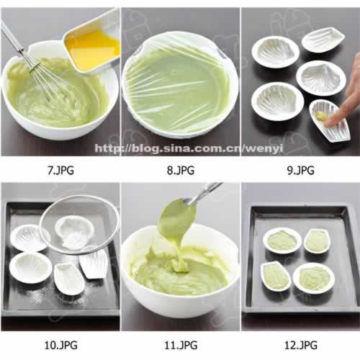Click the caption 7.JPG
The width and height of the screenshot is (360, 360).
pyautogui.click(x=60, y=171)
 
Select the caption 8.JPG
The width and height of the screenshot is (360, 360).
pyautogui.click(x=181, y=171)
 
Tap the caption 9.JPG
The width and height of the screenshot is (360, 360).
pyautogui.click(x=300, y=171)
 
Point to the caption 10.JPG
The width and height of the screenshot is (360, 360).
pyautogui.click(x=60, y=346)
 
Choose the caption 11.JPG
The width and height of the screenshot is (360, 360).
pyautogui.click(x=181, y=346)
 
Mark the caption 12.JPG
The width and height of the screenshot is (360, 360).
pyautogui.click(x=301, y=346)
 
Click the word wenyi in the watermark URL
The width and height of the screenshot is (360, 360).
pyautogui.click(x=264, y=148)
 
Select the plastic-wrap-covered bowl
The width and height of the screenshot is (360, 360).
pyautogui.click(x=180, y=85)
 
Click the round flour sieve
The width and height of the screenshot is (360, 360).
pyautogui.click(x=79, y=225)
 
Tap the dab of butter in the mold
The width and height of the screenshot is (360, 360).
pyautogui.click(x=323, y=117)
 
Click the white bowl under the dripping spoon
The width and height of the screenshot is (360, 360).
pyautogui.click(x=180, y=271)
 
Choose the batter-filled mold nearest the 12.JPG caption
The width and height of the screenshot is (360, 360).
pyautogui.click(x=314, y=279)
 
